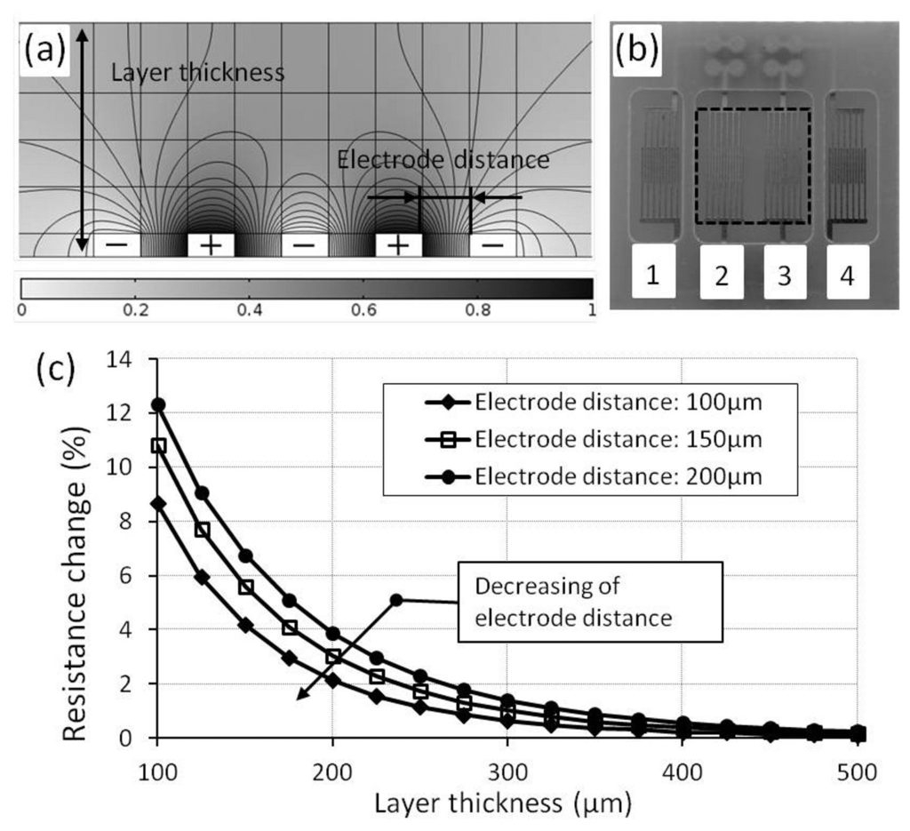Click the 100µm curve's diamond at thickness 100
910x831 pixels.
pyautogui.click(x=158, y=503)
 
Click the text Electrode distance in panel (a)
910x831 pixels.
pyautogui.click(x=443, y=161)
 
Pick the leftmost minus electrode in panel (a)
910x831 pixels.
pyautogui.click(x=117, y=244)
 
